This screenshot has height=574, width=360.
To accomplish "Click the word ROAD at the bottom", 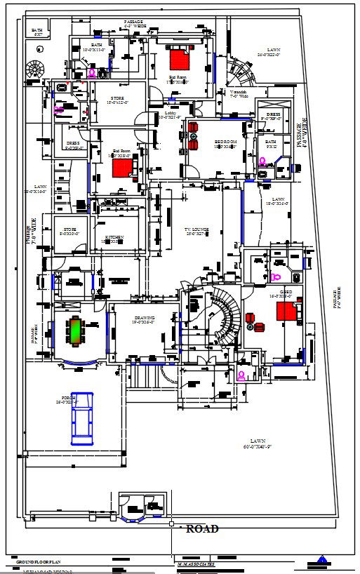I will pos(202,529).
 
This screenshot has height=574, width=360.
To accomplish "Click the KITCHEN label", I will pos(114,239).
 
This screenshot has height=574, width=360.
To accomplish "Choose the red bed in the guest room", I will pos(286,309).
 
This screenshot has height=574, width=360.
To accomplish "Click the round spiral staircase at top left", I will pos(34,69).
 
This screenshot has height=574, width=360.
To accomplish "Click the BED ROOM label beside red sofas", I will pos(225,142).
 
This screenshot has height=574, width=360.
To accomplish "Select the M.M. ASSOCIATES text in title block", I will pos(196,563).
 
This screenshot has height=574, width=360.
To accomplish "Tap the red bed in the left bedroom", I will pos(122,168).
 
